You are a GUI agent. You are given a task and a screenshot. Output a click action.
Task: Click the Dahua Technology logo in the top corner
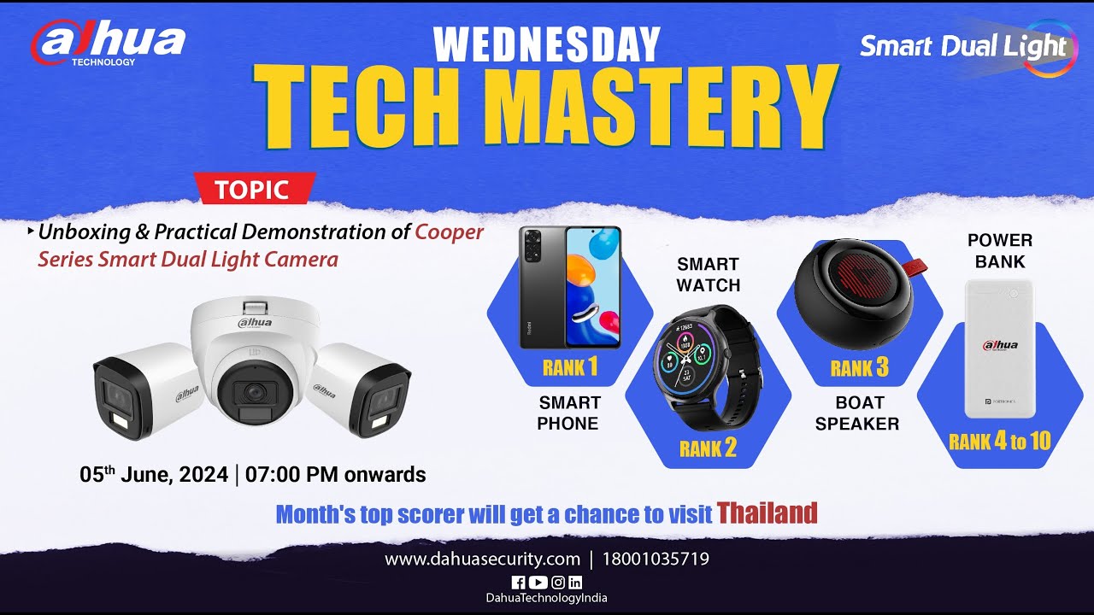[108, 43]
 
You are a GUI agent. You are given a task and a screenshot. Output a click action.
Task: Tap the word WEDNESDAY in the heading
[547, 44]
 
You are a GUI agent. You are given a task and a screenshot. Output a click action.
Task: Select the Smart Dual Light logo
[964, 46]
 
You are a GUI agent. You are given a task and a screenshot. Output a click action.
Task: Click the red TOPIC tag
[254, 189]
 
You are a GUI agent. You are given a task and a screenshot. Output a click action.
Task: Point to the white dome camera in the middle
[255, 359]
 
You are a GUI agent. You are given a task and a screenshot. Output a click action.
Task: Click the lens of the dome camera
[253, 392]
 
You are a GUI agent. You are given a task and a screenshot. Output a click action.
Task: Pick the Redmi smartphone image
[570, 287]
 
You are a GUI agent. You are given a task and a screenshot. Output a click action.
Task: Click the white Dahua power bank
[999, 348]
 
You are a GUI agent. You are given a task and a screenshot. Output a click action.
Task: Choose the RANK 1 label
[570, 368]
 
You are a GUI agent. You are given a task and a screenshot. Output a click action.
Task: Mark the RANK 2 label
[708, 448]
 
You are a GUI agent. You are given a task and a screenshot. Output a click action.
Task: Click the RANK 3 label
[859, 368]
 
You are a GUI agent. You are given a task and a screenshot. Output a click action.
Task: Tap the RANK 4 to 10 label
[999, 442]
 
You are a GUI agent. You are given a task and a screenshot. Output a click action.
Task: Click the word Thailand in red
[767, 512]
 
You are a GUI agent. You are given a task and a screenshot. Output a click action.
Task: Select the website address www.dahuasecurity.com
[482, 559]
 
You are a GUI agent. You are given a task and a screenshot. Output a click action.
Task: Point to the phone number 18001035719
[656, 559]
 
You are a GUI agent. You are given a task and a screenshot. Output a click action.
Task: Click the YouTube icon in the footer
[538, 583]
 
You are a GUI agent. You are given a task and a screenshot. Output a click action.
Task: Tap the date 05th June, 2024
[154, 474]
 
